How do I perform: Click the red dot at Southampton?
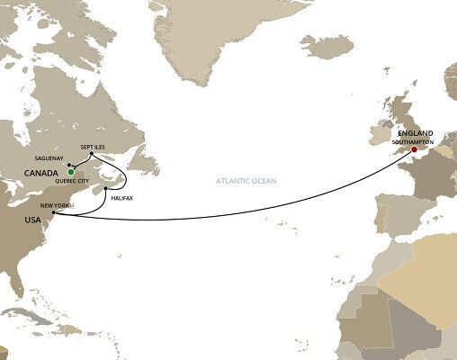coord(414,150)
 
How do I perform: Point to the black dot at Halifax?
coord(105,188)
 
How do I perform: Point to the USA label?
coord(32,219)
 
